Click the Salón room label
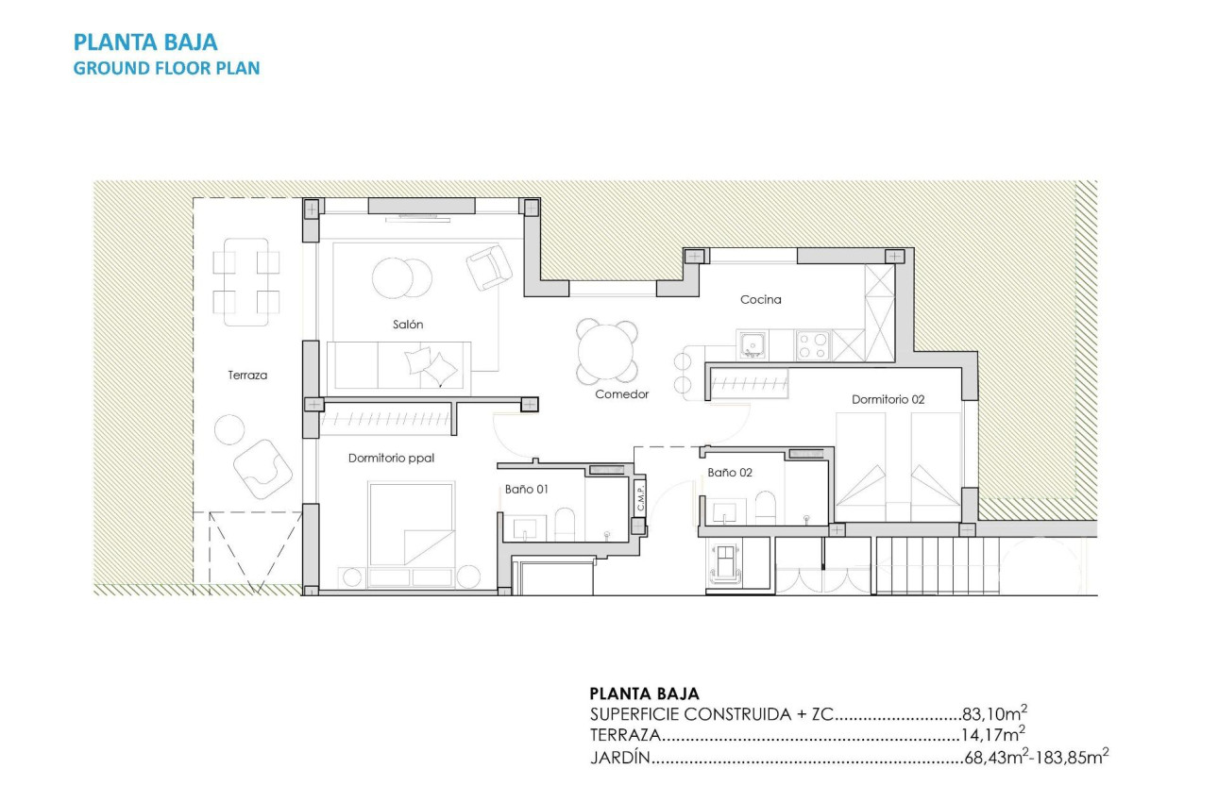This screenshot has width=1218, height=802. [x=408, y=325]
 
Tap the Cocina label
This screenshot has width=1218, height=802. [x=760, y=300]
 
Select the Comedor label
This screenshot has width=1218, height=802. [x=621, y=394]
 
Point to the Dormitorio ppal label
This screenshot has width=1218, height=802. [x=391, y=459]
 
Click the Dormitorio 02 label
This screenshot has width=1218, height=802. [x=888, y=400]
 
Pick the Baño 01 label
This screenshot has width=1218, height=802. [x=526, y=490]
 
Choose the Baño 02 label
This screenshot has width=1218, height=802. [x=729, y=473]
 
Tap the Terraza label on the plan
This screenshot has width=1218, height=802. [x=247, y=375]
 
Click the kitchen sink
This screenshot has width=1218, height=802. [x=753, y=345]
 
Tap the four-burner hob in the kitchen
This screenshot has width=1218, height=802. [x=813, y=345]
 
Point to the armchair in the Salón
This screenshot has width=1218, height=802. [x=488, y=267]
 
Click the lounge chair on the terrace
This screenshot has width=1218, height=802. [x=262, y=467]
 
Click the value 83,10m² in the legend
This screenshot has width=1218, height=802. [x=988, y=714]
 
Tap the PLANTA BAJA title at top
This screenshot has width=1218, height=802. [x=145, y=42]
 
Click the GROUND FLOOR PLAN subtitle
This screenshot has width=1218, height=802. [x=166, y=68]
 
